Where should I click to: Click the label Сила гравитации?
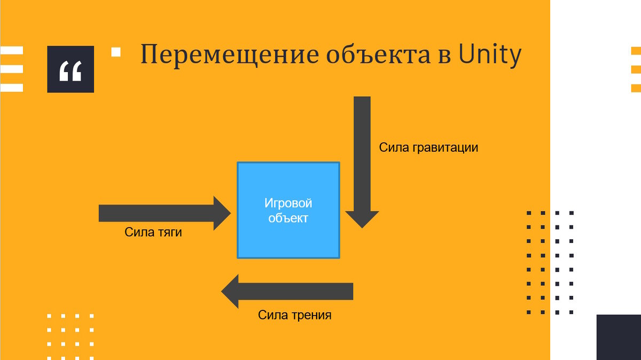click(428, 147)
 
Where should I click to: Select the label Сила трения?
click(295, 315)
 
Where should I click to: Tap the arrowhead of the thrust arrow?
click(222, 213)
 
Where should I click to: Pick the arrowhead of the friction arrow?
click(230, 292)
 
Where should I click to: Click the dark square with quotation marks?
click(71, 69)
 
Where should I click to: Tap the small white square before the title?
click(116, 52)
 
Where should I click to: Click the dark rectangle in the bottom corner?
click(619, 337)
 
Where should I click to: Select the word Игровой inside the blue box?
click(288, 204)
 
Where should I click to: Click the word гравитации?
click(445, 147)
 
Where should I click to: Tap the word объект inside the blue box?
click(288, 218)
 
